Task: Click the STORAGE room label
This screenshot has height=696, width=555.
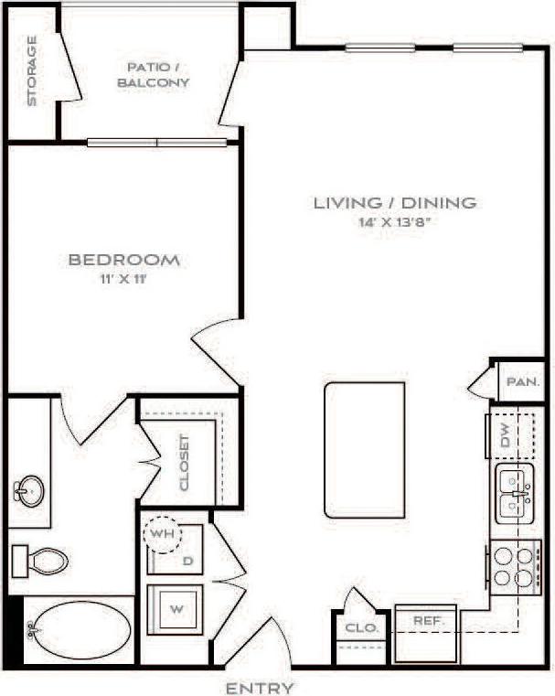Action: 32,71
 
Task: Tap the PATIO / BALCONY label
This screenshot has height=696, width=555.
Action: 157,74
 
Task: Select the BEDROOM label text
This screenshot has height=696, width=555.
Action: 124,260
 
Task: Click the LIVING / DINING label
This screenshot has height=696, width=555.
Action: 395,203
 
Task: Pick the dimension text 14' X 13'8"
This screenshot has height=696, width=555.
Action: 395,223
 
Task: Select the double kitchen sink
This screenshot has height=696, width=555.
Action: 513,495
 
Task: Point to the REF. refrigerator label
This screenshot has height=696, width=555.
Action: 428,621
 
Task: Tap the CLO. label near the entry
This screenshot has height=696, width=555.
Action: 355,628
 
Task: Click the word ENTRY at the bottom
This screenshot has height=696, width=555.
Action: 260,688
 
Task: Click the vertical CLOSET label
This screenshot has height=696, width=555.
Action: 185,462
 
